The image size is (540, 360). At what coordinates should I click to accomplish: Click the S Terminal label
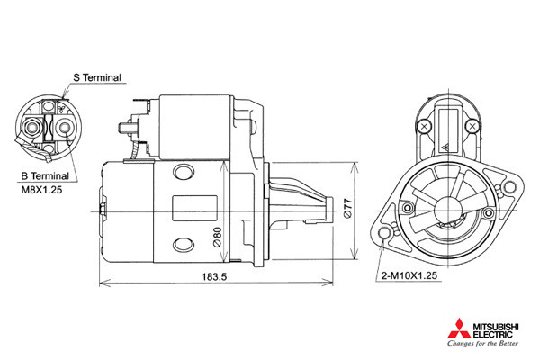coord(97,77)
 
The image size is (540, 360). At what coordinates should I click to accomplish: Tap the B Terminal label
coord(45,176)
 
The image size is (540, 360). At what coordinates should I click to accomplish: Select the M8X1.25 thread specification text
coord(41,190)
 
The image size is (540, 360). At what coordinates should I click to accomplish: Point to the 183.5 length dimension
coord(214,276)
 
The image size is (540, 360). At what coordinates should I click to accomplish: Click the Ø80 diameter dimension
coord(217,237)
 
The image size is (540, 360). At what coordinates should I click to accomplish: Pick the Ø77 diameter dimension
coord(347,208)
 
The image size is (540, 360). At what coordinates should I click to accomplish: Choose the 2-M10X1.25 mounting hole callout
coord(409,275)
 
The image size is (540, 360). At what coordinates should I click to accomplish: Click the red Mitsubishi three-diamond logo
coord(459,328)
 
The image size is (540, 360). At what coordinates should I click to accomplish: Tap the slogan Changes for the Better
coord(482,343)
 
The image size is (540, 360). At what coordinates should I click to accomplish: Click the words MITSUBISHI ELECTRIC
coord(496,330)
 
